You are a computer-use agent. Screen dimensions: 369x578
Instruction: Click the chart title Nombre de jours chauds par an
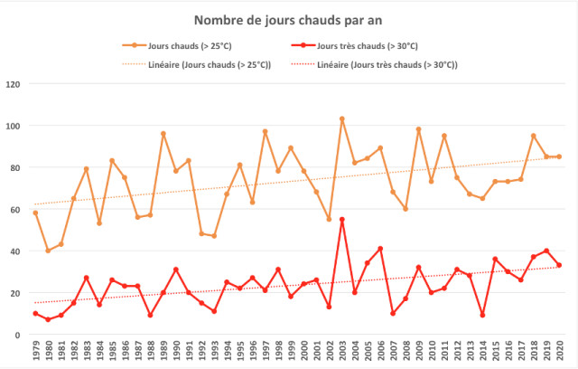[288, 19]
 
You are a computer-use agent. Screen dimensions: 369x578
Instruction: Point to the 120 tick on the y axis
[14, 84]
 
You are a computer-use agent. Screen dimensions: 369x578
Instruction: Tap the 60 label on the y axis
[15, 210]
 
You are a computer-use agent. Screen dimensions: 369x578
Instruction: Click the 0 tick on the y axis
[18, 335]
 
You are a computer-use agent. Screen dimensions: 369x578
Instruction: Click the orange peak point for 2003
[342, 118]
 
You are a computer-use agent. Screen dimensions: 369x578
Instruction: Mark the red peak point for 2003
[342, 220]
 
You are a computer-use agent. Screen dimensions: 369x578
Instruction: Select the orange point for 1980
[48, 251]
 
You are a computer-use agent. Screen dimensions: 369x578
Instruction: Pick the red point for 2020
[559, 266]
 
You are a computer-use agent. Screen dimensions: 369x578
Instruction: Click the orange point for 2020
[559, 156]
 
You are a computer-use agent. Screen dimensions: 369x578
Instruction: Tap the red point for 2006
[380, 249]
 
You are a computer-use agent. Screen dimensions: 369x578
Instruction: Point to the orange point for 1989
[163, 134]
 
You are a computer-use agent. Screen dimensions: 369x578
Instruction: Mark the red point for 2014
[482, 316]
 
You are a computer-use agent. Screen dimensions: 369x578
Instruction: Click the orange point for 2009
[418, 129]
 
